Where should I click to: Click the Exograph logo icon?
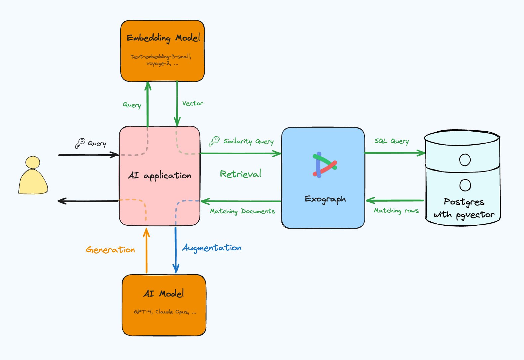click(324, 165)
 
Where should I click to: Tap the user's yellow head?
click(33, 163)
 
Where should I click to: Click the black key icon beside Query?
click(80, 143)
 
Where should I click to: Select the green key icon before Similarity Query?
click(214, 141)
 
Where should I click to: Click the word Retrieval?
click(241, 174)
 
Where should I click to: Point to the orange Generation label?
click(110, 250)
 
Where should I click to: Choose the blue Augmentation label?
click(212, 248)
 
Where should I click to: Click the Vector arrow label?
click(192, 103)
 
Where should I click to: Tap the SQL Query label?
click(391, 141)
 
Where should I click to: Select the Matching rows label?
click(396, 211)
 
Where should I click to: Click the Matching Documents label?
click(242, 211)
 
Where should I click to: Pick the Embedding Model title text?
click(163, 38)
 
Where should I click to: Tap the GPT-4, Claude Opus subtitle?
click(165, 312)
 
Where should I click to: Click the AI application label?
click(159, 176)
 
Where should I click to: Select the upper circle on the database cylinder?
click(465, 160)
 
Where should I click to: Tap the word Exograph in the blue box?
click(325, 199)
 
